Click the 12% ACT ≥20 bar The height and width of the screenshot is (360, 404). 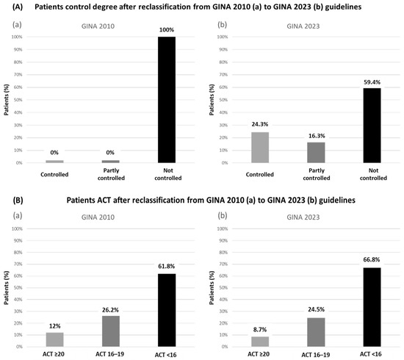click(55, 336)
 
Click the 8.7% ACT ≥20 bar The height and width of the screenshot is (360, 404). click(260, 339)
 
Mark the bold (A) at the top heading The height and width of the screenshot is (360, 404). click(12, 7)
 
